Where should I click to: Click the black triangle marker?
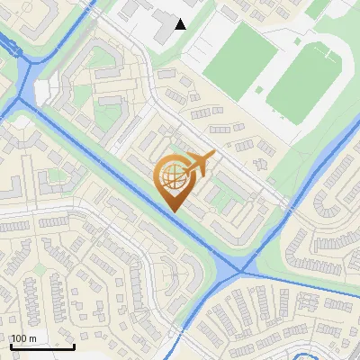coord(181,24)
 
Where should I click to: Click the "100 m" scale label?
coord(24,338)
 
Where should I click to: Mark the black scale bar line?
coord(41,346)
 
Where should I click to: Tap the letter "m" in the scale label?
coord(32,338)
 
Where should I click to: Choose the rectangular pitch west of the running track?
coord(239,58)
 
